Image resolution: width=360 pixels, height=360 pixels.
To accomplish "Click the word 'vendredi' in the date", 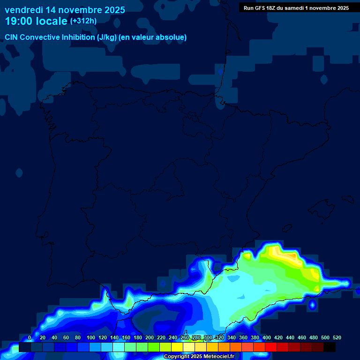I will point(24,10).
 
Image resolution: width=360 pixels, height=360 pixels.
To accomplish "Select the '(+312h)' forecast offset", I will point(83,21).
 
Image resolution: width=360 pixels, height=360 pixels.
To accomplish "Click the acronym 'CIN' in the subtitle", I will point(12,37).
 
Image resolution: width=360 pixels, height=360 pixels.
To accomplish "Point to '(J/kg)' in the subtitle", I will point(107,37).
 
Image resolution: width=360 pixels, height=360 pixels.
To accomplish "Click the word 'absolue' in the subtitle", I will point(173,37).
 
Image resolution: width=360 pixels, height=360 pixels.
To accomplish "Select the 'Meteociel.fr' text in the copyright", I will point(217,357).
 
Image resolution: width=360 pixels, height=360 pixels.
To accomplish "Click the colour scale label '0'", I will point(30,337).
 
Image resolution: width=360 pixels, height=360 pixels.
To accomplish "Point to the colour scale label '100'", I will point(91,337).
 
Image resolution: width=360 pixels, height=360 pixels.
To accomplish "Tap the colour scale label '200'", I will point(150,337).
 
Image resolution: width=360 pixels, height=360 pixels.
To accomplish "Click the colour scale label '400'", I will point(267,337).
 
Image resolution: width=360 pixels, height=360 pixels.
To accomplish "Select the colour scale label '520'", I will point(337,337).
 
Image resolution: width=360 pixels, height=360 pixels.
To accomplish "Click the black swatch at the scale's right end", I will point(330,347).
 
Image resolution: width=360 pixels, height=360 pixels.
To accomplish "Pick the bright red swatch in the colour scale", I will point(271,347).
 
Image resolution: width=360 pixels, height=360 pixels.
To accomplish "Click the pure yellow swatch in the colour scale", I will point(177,347).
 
